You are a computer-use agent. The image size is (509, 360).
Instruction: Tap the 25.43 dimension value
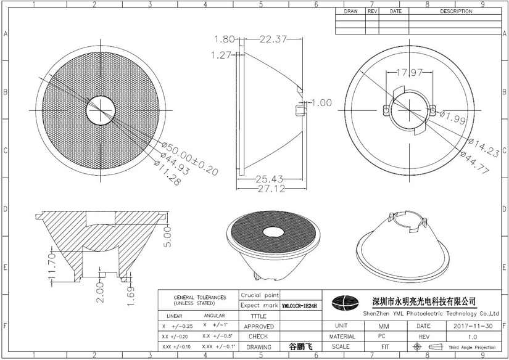[x=270, y=179]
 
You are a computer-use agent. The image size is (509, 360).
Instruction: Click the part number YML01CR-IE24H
[x=299, y=305]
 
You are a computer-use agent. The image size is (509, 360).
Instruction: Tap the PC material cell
[x=383, y=337]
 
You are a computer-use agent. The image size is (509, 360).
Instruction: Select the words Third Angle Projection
[x=472, y=348]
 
